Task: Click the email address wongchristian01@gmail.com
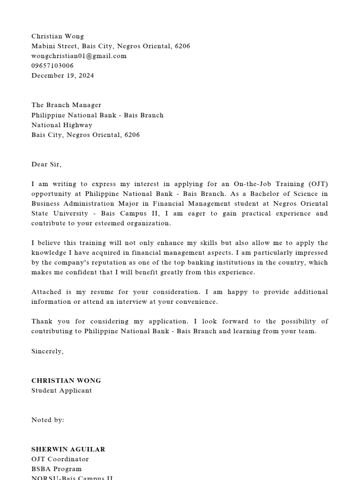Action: point(79,56)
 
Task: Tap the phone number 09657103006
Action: point(52,66)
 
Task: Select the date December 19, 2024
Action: point(62,75)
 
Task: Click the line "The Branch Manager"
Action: point(66,105)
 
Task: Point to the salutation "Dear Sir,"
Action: point(46,164)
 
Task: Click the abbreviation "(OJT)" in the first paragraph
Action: point(318,184)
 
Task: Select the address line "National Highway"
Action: point(62,125)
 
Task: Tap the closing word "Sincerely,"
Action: point(47,351)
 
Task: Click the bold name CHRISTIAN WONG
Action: point(66,380)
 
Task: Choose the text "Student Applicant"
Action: point(61,390)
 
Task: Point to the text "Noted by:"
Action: point(48,420)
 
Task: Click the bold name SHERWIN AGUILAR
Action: point(68,449)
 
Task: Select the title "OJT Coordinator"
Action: point(60,459)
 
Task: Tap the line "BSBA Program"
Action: point(56,469)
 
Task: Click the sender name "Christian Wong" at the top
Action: point(58,36)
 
